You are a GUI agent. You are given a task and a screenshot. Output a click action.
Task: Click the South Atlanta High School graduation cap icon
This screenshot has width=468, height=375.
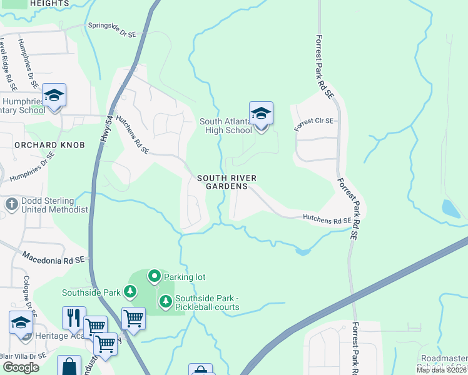click(x=261, y=114)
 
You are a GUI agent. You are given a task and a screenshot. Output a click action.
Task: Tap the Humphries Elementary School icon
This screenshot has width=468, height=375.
click(x=54, y=96)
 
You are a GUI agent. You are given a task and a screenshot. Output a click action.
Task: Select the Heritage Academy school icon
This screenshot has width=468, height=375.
click(x=21, y=324)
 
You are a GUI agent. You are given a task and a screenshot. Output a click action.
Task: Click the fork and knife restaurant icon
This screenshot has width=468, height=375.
click(x=74, y=317)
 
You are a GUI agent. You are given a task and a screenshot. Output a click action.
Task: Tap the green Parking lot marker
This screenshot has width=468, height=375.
click(x=154, y=276)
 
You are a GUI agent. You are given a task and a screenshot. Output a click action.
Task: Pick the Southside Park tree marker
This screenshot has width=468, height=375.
click(x=130, y=291)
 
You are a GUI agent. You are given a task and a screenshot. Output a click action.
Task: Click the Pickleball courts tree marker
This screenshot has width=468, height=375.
click(x=165, y=302)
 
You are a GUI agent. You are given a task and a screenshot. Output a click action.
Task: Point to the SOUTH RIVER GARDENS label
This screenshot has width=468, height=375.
click(x=226, y=182)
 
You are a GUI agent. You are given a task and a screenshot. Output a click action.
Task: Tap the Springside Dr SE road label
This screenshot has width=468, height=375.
click(x=113, y=29)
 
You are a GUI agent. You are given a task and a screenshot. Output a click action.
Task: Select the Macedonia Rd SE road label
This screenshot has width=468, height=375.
click(x=53, y=257)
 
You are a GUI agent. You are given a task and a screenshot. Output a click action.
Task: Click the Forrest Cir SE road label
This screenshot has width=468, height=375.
click(x=315, y=124)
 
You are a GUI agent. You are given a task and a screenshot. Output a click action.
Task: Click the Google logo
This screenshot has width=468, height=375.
click(x=21, y=367)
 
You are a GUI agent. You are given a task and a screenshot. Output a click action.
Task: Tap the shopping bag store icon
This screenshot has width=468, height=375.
click(x=69, y=366)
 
